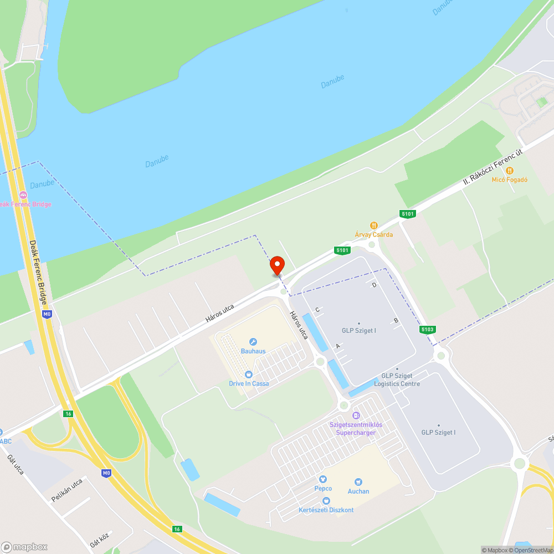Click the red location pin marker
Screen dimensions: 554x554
[x=277, y=266]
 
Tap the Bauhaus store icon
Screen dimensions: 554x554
[x=253, y=342]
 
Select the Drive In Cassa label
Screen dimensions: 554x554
[x=249, y=383]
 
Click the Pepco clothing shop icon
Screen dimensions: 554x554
[x=323, y=479]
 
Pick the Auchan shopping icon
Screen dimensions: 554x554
[x=358, y=482]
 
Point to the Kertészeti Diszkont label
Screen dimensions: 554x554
[x=326, y=510]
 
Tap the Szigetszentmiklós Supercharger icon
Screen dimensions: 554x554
[x=356, y=415]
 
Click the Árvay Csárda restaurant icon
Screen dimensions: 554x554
[x=374, y=225]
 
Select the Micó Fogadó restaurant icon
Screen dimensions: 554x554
[x=510, y=171]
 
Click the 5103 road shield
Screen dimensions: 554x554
[x=427, y=330]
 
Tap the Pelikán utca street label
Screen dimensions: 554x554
[x=67, y=490]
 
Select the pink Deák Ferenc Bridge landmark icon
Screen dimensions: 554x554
[x=23, y=195]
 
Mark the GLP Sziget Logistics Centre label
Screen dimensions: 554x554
[x=397, y=380]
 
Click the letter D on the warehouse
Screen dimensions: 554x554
[x=375, y=285]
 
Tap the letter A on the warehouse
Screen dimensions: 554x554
[x=337, y=346]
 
